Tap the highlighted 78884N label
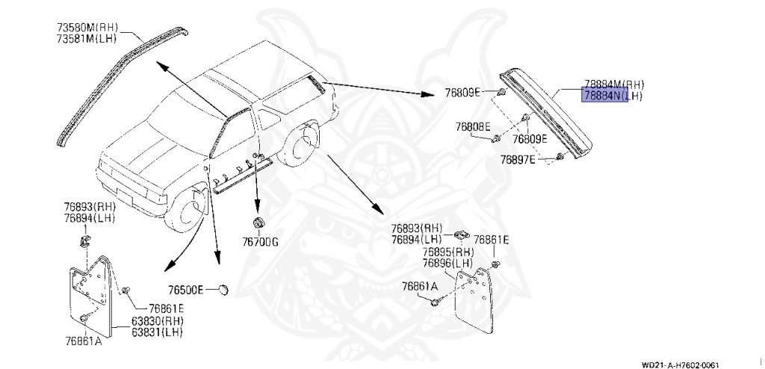(x=606, y=96)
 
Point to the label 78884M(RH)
(x=613, y=84)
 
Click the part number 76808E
(x=472, y=127)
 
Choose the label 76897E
(x=518, y=159)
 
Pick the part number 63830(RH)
(x=158, y=321)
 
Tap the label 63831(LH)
(x=158, y=332)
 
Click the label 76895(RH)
(x=448, y=252)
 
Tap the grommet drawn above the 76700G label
(x=258, y=223)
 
